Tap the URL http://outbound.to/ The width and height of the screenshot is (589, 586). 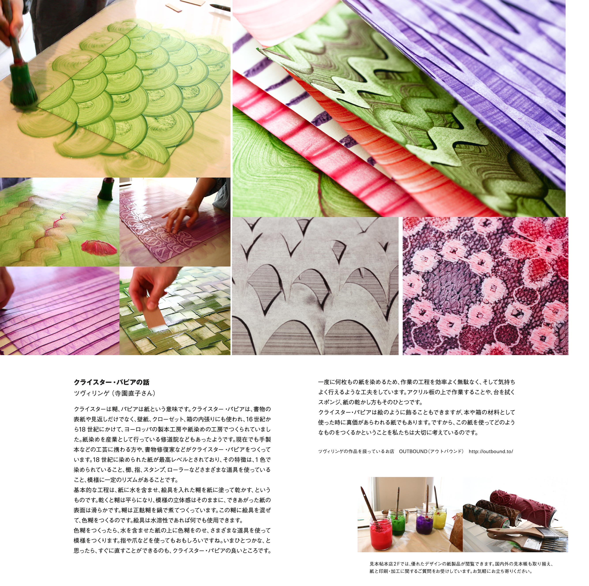[491, 451]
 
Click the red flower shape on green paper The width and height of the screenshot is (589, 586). [99, 247]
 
